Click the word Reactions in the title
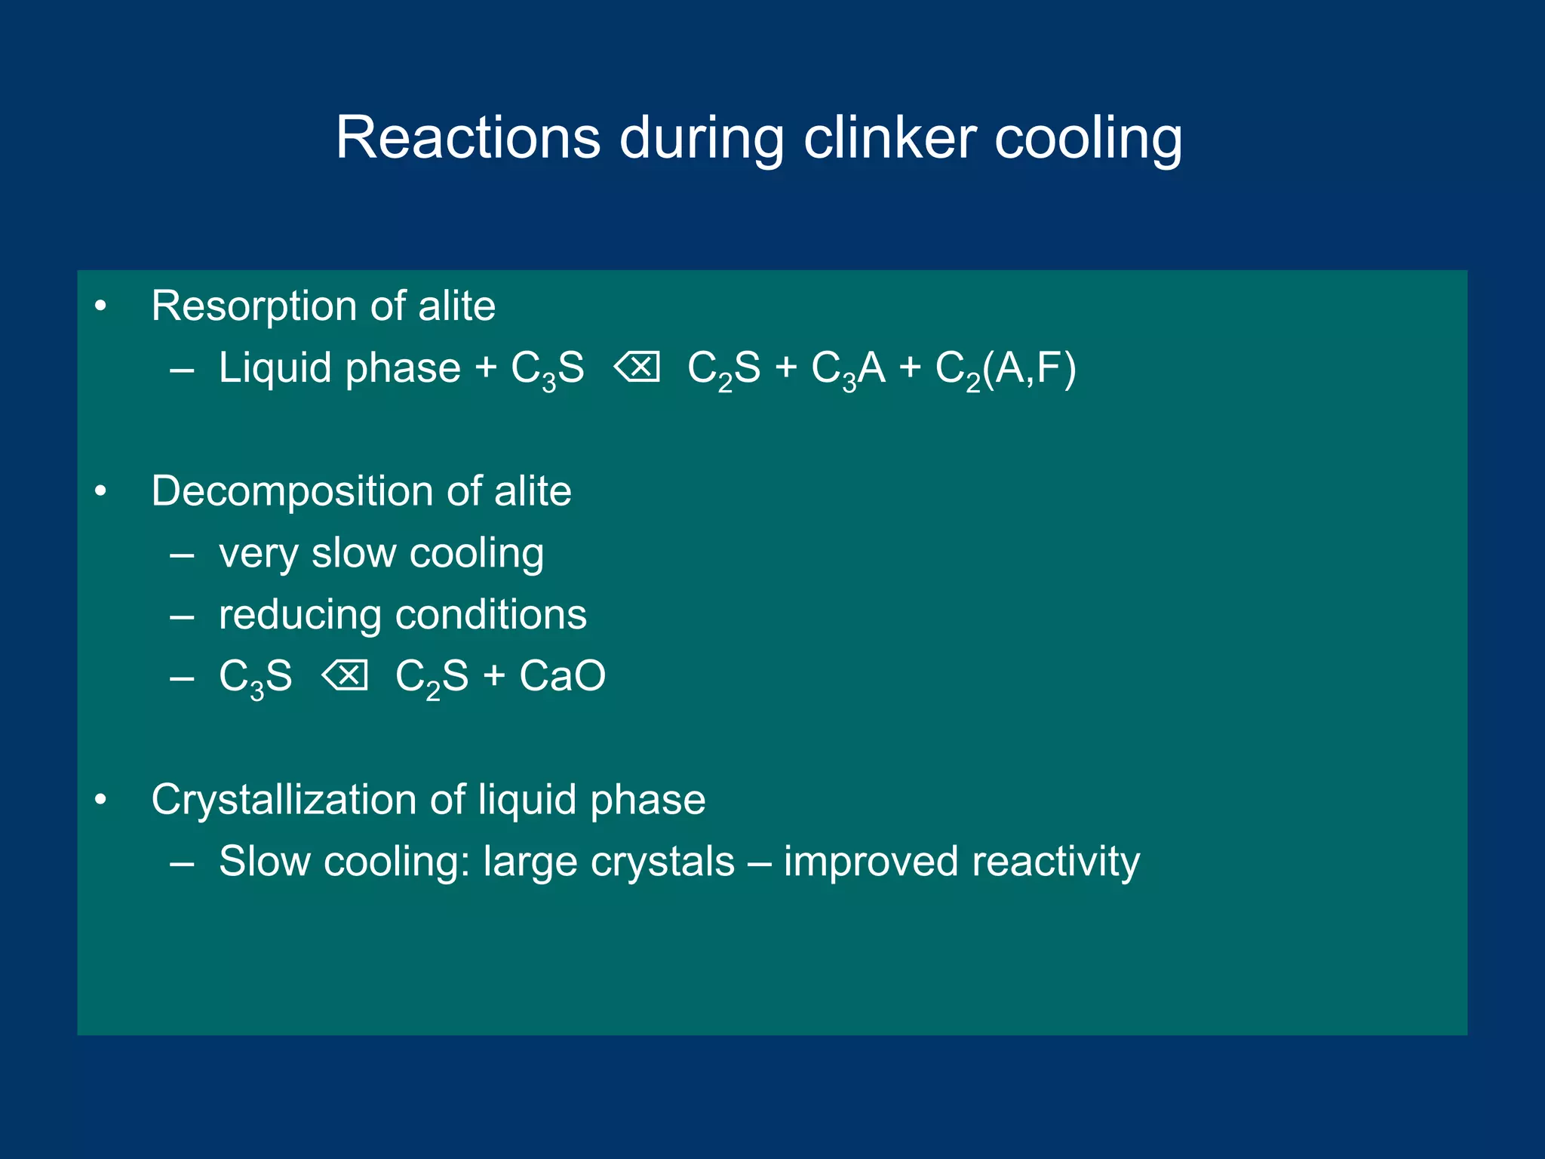tap(468, 138)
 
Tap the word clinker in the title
tap(889, 138)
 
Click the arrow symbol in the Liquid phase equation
tap(637, 367)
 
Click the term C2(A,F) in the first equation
tap(1006, 370)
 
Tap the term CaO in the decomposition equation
tap(562, 676)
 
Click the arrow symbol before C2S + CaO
tap(345, 675)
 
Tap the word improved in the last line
tap(871, 862)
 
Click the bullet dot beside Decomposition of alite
tap(100, 492)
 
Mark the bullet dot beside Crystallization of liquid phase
tap(100, 800)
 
